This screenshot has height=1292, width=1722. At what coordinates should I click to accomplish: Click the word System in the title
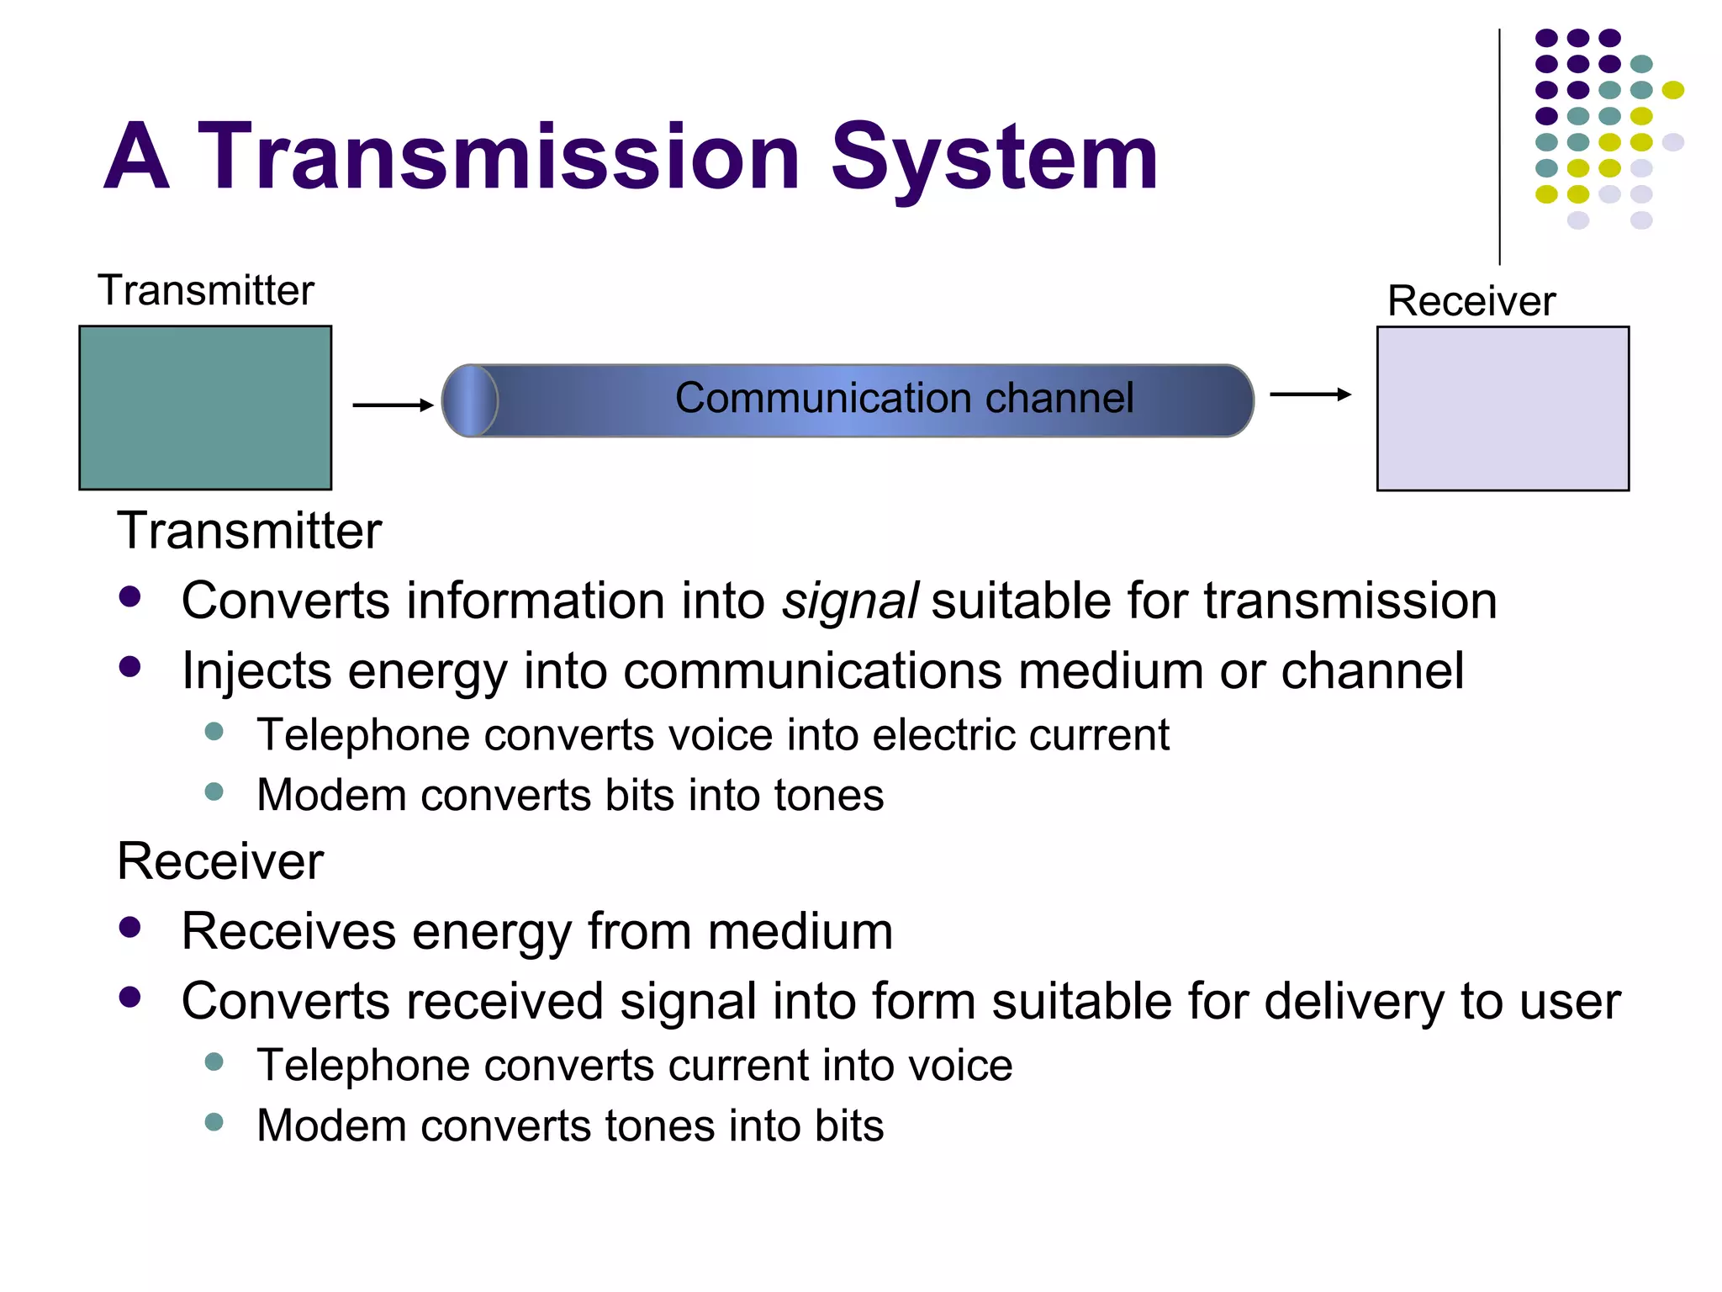(995, 158)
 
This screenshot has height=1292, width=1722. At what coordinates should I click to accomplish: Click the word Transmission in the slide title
(498, 158)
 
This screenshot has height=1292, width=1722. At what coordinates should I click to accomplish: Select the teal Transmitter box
(205, 408)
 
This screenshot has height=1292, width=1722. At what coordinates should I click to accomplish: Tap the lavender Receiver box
(1503, 409)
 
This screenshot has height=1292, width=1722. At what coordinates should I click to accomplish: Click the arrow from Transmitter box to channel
(392, 405)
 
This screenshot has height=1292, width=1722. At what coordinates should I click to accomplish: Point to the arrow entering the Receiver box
(1309, 394)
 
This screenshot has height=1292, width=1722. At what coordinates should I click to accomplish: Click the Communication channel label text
(904, 398)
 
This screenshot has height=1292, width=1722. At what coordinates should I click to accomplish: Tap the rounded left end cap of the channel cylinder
(469, 401)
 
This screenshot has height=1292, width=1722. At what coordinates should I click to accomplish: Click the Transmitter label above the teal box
(205, 290)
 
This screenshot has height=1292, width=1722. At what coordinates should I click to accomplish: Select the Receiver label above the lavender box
(1471, 301)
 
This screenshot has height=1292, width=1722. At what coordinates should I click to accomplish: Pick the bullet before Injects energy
(129, 667)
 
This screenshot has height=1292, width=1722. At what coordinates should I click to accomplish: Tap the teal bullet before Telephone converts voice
(214, 731)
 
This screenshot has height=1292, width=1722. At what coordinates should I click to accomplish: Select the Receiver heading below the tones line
(220, 861)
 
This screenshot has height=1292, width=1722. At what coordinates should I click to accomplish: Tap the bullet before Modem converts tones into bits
(214, 1122)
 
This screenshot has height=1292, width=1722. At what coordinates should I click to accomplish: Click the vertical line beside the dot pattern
(1499, 147)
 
